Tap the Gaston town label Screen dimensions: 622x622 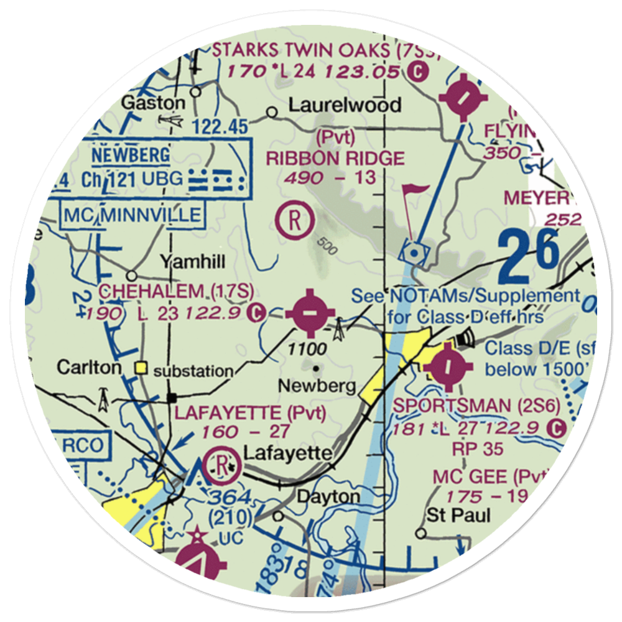[x=153, y=103]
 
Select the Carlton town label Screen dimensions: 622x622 [x=90, y=368]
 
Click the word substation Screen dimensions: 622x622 [x=193, y=371]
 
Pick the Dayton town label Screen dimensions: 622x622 [x=337, y=497]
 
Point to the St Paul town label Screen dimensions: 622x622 [x=458, y=515]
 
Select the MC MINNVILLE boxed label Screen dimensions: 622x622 [x=132, y=215]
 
